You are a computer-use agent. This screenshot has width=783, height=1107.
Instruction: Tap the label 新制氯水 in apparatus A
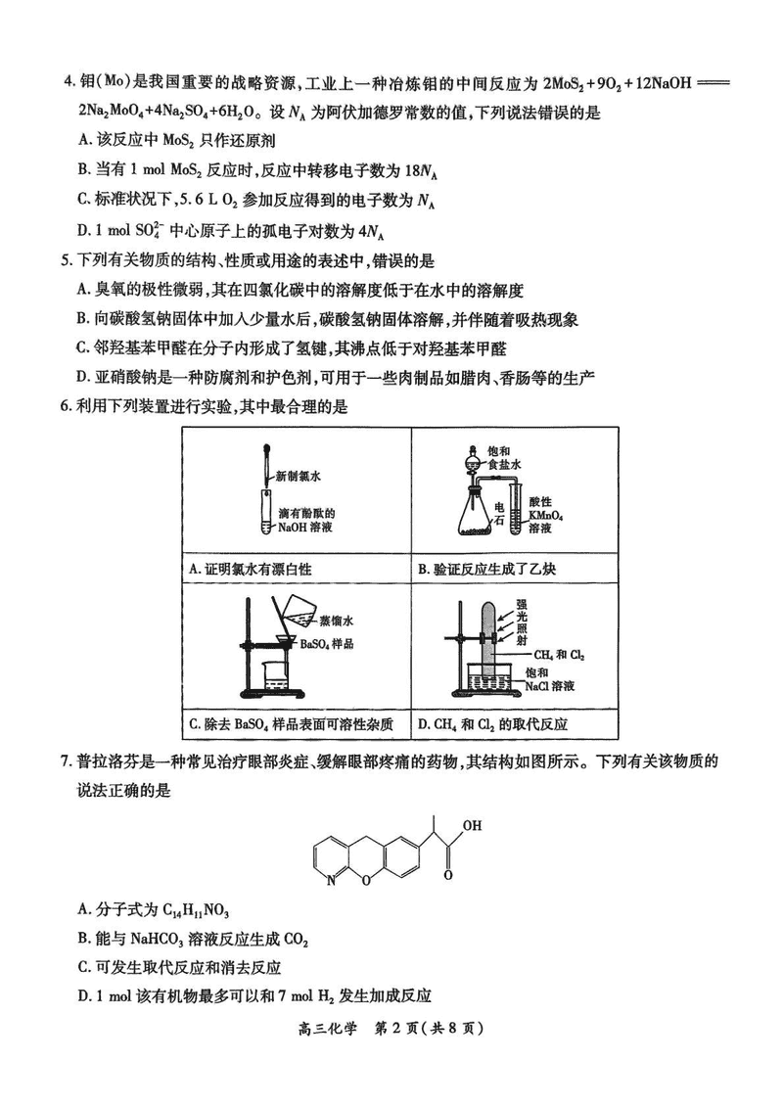point(299,477)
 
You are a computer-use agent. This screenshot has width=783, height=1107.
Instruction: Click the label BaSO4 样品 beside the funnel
point(328,643)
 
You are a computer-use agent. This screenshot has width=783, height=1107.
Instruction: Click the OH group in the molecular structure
point(472,824)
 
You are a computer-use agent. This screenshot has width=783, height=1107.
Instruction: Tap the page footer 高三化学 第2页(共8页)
point(391,1029)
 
